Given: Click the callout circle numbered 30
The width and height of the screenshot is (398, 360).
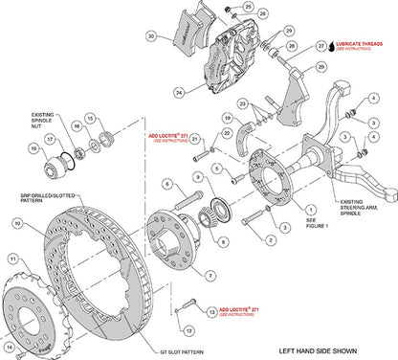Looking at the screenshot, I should [x=150, y=36].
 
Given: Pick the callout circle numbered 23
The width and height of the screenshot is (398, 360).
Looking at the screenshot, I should [x=243, y=103].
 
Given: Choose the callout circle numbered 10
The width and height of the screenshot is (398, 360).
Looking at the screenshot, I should [x=18, y=223].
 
